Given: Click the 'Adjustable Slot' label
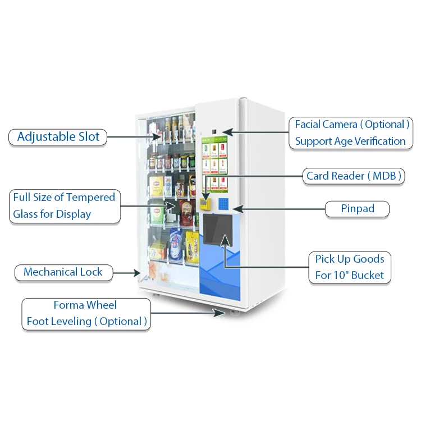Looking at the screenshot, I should (58, 136).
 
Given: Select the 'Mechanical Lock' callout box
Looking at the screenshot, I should (63, 272).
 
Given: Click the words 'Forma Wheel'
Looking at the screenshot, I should (85, 305).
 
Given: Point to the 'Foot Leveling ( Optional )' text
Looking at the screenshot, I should (86, 322).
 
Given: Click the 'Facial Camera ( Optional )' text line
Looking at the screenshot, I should (353, 125).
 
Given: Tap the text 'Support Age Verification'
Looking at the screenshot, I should (350, 141).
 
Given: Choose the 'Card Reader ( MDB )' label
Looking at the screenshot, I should (354, 176).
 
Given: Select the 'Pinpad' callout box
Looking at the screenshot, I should (358, 209).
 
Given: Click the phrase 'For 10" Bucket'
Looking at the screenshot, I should (349, 275).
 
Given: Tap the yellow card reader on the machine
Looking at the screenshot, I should (206, 202).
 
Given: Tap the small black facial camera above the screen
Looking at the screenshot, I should (214, 132).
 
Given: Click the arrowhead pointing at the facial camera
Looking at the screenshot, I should (225, 132).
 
